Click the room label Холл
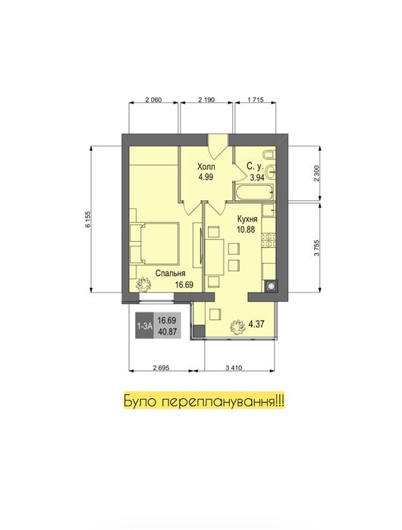tap(206, 167)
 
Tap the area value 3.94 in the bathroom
tap(257, 177)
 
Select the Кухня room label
tap(247, 219)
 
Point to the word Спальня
tap(171, 274)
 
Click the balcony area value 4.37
tap(256, 325)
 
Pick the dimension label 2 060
tap(153, 100)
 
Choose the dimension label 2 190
tap(206, 100)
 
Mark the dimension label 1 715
tap(256, 100)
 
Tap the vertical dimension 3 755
tap(316, 248)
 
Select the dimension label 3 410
tap(234, 368)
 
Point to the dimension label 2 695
tap(161, 368)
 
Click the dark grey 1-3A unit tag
tap(144, 326)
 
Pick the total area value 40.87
tap(167, 331)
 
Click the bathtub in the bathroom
tap(254, 193)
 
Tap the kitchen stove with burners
tap(269, 240)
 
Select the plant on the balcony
tap(237, 327)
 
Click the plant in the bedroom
tap(143, 284)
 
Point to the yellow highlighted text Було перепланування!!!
tap(204, 402)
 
